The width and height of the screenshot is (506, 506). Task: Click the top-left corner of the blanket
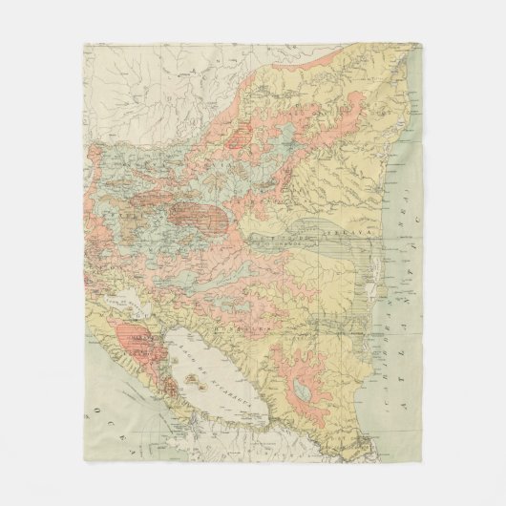[x=84, y=42]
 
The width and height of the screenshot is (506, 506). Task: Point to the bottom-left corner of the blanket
[x=84, y=464]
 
